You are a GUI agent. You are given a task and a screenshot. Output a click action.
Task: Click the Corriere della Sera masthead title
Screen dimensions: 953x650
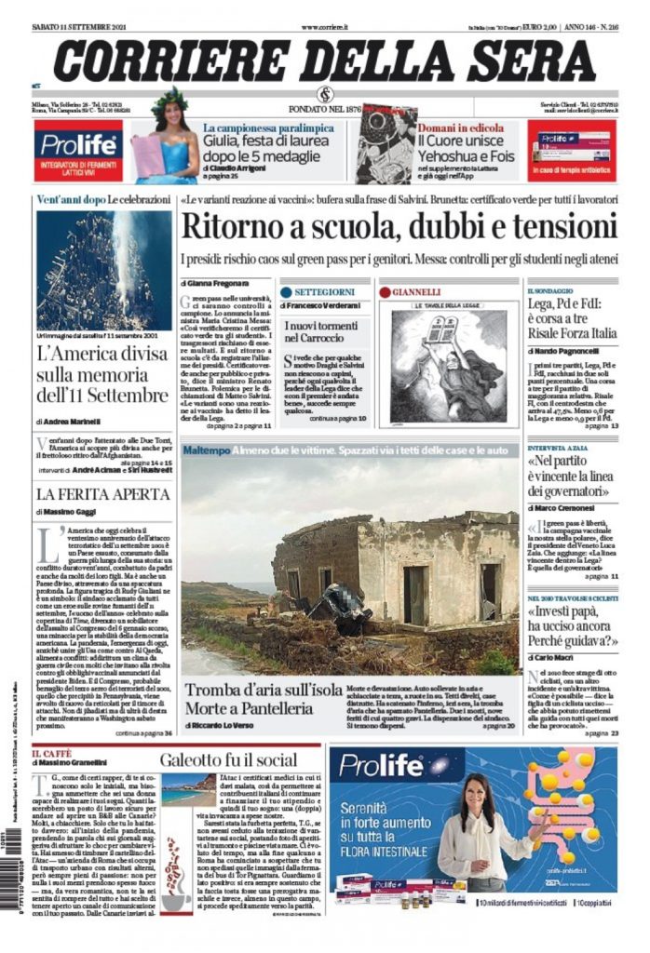(x=324, y=60)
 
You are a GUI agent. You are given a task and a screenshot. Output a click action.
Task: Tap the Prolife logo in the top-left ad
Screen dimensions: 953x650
(x=78, y=142)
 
